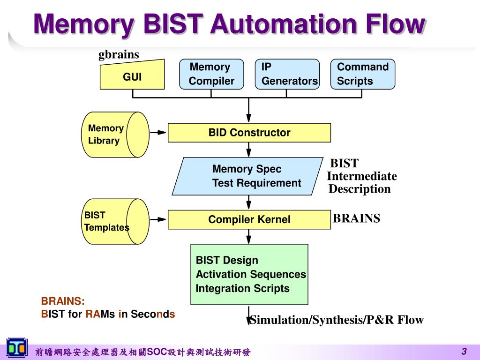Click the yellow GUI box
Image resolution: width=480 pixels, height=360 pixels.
(x=132, y=75)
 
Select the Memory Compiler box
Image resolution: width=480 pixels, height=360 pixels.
(x=211, y=74)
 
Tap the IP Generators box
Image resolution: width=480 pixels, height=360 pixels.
(x=287, y=74)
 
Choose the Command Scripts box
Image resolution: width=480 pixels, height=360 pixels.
(x=363, y=74)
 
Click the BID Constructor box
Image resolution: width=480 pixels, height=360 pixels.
(x=249, y=133)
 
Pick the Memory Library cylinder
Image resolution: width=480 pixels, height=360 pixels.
(x=115, y=135)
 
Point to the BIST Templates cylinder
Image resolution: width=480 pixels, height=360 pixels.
(x=115, y=221)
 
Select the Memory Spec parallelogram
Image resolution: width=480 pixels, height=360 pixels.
(x=247, y=176)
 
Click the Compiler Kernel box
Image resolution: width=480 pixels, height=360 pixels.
(x=249, y=219)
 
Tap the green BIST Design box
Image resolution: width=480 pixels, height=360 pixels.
(x=249, y=274)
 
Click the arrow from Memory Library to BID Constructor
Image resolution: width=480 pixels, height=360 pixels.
(x=158, y=133)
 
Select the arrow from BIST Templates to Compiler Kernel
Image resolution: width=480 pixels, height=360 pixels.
(x=158, y=219)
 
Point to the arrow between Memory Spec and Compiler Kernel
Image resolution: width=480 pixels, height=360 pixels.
(x=248, y=202)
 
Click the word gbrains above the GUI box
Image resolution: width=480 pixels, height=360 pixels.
(x=119, y=54)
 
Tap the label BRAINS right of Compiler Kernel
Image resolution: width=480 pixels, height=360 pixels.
(x=356, y=218)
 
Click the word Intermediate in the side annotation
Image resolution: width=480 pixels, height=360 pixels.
(x=362, y=176)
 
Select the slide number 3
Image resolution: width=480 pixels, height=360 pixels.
(x=464, y=351)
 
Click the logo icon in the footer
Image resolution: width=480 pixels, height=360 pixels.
(x=17, y=348)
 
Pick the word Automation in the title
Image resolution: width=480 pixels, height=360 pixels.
(x=283, y=24)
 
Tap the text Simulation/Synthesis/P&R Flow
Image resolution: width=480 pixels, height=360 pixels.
(x=337, y=320)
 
